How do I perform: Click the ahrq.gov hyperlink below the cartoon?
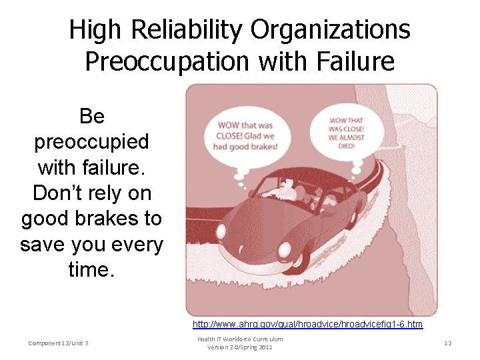point(307,324)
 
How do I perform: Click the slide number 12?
point(448,343)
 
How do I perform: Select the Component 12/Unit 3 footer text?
point(59,343)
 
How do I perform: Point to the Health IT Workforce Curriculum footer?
point(239,339)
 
